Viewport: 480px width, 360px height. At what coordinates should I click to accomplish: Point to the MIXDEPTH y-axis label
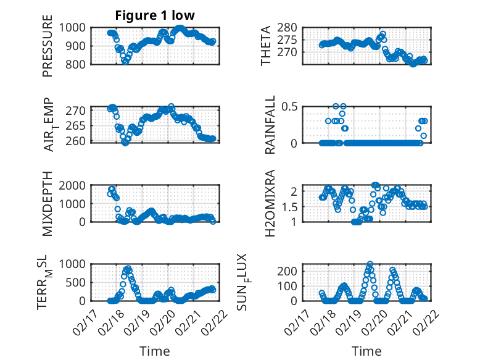click(x=48, y=204)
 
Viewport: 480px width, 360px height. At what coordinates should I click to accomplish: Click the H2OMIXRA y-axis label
click(x=270, y=204)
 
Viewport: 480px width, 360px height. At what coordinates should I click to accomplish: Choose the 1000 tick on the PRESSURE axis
click(x=76, y=28)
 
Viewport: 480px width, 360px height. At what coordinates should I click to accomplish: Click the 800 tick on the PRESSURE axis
click(x=79, y=64)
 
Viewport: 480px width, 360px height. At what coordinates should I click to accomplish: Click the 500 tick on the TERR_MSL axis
click(x=79, y=282)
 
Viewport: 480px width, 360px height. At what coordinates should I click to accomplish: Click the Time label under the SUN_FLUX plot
click(x=366, y=351)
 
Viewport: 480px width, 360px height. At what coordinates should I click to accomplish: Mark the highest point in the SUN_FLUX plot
click(x=370, y=264)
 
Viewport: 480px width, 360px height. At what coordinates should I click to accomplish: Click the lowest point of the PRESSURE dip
click(x=125, y=61)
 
